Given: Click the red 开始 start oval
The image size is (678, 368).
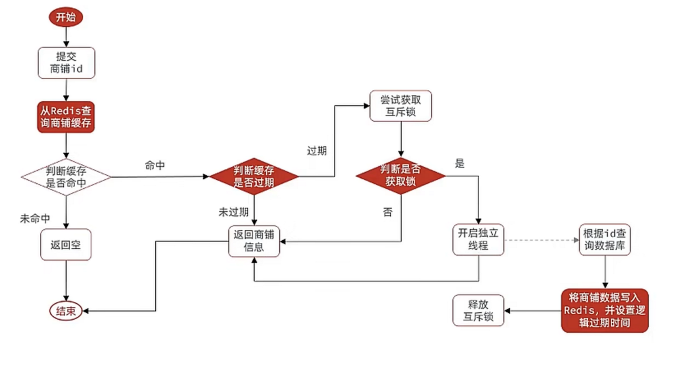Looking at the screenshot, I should (66, 17).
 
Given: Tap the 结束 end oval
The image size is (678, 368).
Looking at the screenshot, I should (66, 311).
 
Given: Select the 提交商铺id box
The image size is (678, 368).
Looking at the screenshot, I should (66, 63).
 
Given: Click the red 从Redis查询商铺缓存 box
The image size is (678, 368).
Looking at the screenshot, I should (66, 117).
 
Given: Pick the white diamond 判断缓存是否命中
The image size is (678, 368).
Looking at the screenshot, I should (66, 177).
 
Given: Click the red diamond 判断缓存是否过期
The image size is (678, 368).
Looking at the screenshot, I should (254, 176).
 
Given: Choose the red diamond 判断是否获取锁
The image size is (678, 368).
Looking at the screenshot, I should (401, 176).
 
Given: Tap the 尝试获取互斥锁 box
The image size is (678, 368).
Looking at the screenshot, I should (400, 106).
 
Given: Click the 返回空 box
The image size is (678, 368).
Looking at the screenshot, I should (66, 244).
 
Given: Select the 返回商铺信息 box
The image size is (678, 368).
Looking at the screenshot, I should (254, 241).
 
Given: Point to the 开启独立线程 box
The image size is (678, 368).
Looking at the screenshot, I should (478, 240).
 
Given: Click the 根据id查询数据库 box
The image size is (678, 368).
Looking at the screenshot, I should (604, 240).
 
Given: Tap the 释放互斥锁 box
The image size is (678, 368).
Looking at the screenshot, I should (478, 310).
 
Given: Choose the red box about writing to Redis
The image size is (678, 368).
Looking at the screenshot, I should (604, 310).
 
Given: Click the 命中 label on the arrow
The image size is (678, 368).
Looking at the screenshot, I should (155, 165).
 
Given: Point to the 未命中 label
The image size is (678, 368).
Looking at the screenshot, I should (35, 219).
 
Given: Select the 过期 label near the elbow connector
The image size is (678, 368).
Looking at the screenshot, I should (317, 151).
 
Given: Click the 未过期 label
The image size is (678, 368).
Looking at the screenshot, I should (233, 212).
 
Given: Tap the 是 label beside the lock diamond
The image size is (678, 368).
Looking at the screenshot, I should (460, 163).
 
